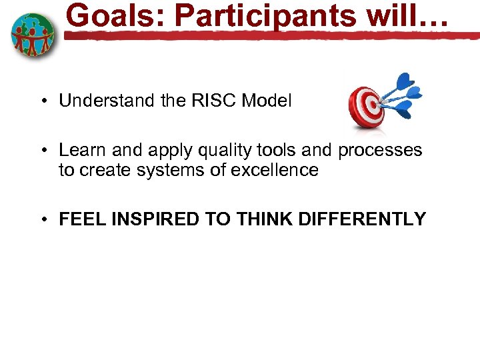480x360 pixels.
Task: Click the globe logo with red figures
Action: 33,34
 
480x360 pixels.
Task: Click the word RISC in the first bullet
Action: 207,101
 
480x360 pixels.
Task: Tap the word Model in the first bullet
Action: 267,101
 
